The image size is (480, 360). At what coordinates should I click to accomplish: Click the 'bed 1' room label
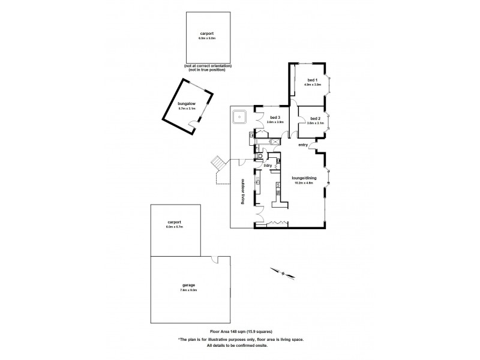pos(313,80)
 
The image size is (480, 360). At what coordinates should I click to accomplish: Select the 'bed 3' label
pos(275,117)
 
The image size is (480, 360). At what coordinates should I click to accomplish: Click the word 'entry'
pos(303,145)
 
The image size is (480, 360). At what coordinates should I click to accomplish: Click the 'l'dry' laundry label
pos(268,165)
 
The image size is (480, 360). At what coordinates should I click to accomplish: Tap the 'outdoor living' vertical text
pos(244,192)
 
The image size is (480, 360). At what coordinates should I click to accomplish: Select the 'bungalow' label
pos(187,103)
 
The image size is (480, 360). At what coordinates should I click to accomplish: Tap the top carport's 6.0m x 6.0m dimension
pos(207,38)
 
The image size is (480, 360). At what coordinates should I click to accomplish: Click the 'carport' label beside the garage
pos(175,223)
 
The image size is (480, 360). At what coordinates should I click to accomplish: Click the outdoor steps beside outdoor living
pos(217,163)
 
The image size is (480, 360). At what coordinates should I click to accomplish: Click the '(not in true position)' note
pos(207,70)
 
